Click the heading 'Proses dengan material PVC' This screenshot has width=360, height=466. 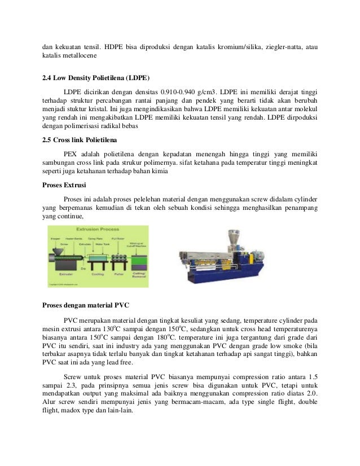[86, 305]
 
